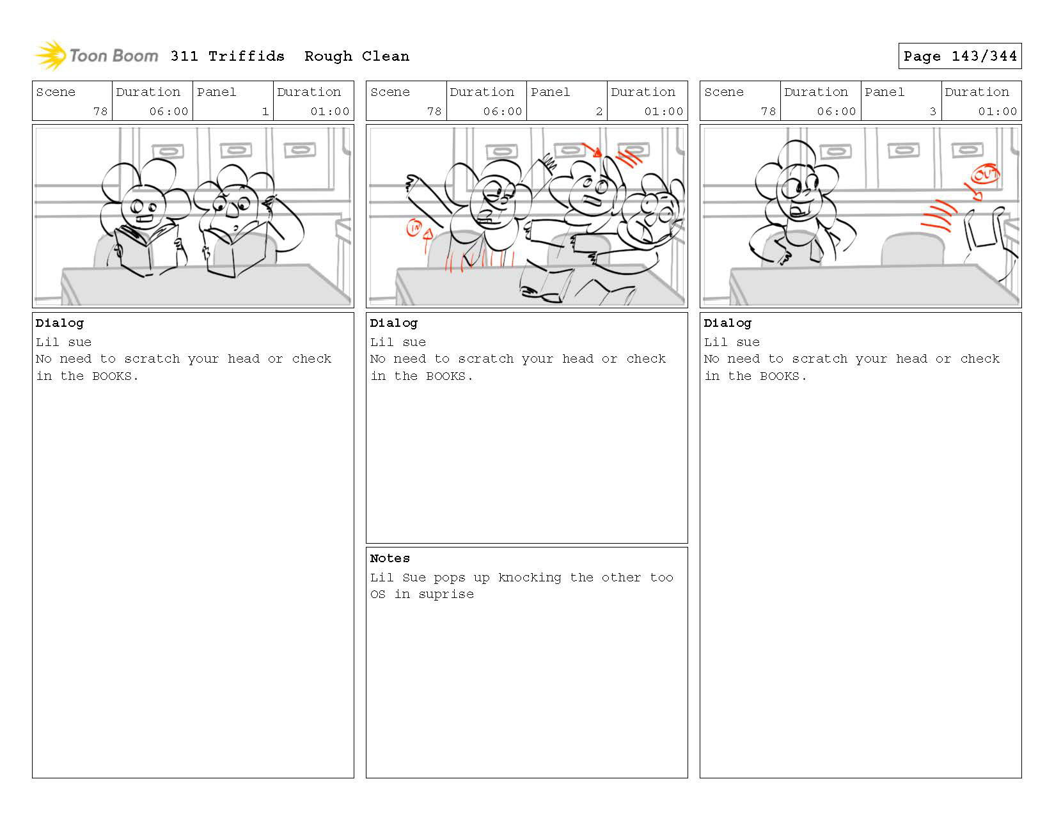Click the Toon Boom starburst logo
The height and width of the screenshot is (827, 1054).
pyautogui.click(x=51, y=56)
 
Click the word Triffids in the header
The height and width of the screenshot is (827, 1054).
pyautogui.click(x=246, y=56)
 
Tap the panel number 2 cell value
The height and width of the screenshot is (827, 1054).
pyautogui.click(x=599, y=111)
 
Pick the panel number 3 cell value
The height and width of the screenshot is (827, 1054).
pyautogui.click(x=932, y=111)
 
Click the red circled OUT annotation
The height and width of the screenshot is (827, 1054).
pyautogui.click(x=985, y=174)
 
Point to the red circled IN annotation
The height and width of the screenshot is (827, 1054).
pyautogui.click(x=414, y=227)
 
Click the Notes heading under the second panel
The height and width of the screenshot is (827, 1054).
pyautogui.click(x=389, y=558)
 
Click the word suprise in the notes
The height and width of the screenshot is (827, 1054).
pyautogui.click(x=446, y=595)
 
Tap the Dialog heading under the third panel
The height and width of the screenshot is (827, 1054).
pyautogui.click(x=727, y=323)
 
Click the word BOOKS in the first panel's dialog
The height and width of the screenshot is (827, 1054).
pyautogui.click(x=111, y=376)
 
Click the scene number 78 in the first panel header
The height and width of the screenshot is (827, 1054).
pyautogui.click(x=100, y=111)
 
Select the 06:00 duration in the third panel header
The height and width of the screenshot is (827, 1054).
pyautogui.click(x=836, y=111)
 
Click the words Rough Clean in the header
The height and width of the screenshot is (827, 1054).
pyautogui.click(x=356, y=56)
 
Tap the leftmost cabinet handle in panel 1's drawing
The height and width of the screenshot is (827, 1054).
pyautogui.click(x=168, y=152)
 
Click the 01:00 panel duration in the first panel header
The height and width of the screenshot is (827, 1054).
pyautogui.click(x=330, y=111)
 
